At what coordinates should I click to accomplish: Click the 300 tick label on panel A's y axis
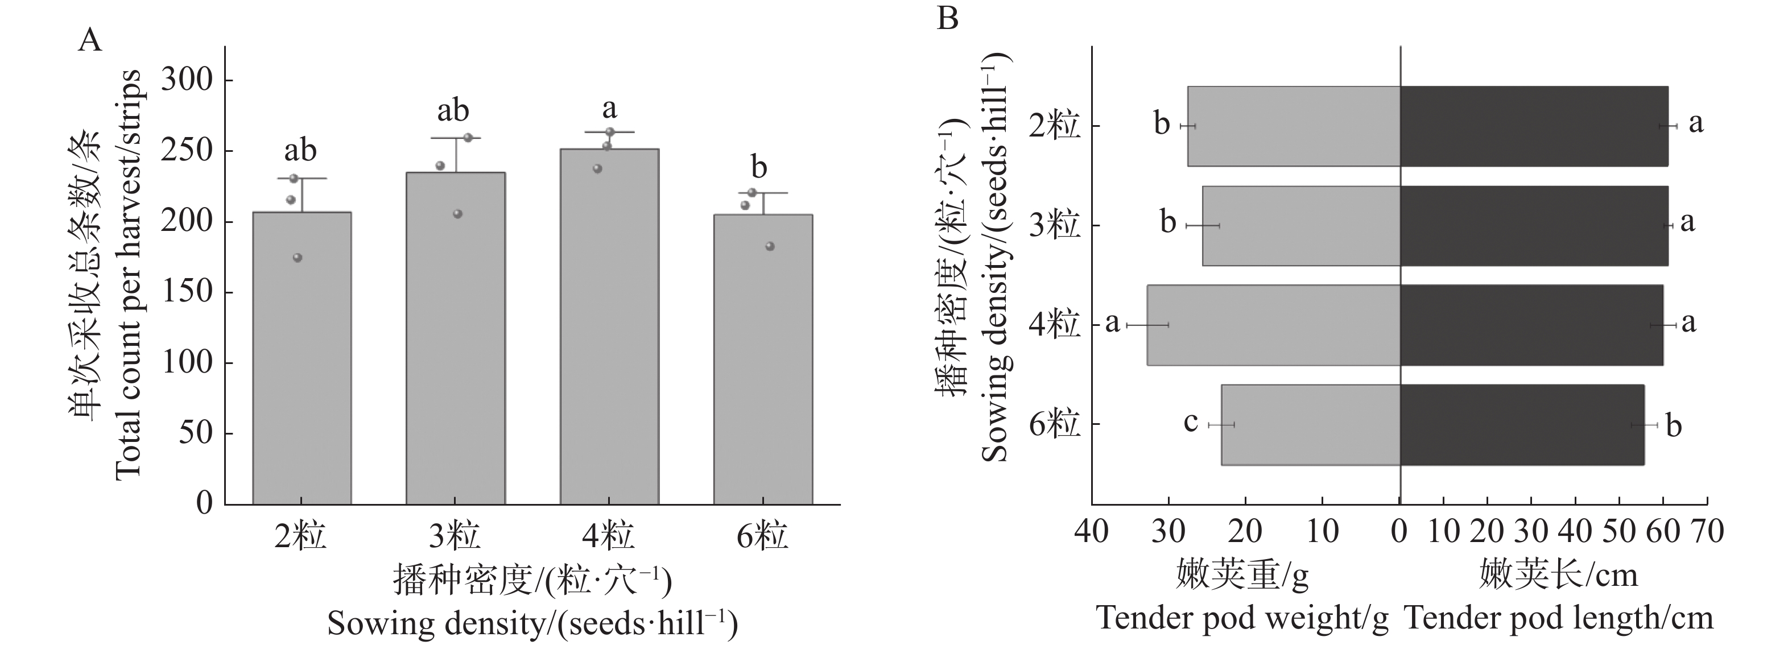pyautogui.click(x=187, y=80)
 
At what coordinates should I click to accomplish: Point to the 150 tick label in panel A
pyautogui.click(x=187, y=292)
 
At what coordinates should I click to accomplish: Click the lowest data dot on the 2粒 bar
pyautogui.click(x=297, y=258)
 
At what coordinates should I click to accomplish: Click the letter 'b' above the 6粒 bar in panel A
pyautogui.click(x=759, y=167)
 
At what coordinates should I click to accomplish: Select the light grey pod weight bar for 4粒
pyautogui.click(x=1273, y=325)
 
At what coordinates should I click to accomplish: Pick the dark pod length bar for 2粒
pyautogui.click(x=1533, y=126)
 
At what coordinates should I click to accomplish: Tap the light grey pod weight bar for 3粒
pyautogui.click(x=1301, y=225)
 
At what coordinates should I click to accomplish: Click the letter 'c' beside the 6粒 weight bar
pyautogui.click(x=1190, y=421)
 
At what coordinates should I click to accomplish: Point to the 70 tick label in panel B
pyautogui.click(x=1707, y=532)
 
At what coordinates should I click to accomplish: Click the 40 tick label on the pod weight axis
pyautogui.click(x=1092, y=532)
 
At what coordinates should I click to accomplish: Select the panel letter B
pyautogui.click(x=947, y=18)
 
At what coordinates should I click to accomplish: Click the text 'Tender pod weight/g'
pyautogui.click(x=1242, y=618)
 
